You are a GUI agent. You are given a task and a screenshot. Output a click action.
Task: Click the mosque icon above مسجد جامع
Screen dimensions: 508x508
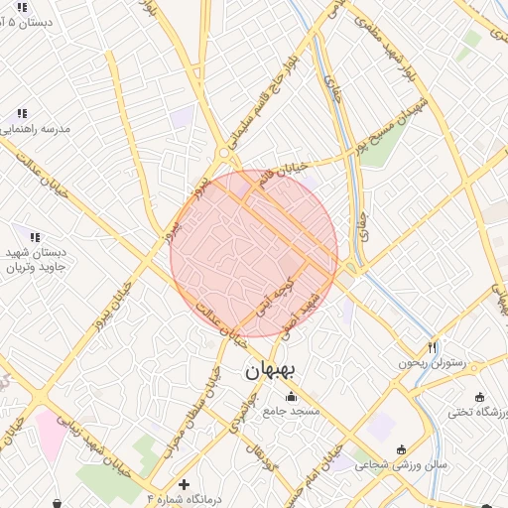(291, 399)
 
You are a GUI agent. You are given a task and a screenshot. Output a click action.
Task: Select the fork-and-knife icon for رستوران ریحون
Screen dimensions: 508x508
(432, 347)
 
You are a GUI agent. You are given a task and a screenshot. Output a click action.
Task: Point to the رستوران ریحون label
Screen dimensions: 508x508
(432, 364)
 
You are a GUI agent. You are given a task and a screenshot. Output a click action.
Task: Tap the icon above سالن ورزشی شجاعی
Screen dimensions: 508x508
(402, 447)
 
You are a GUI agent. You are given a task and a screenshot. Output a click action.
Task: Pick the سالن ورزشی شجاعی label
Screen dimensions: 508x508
(402, 464)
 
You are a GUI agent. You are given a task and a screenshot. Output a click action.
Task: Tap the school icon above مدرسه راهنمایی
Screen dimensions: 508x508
(22, 113)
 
